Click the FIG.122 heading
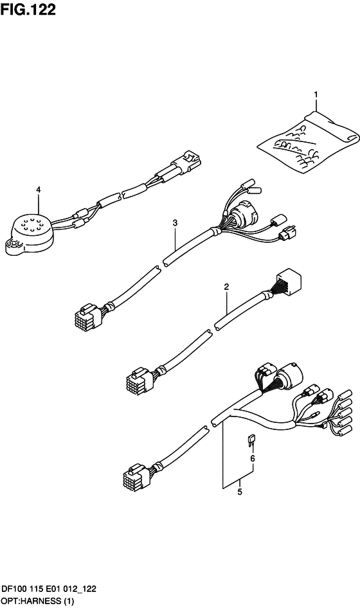click(x=28, y=9)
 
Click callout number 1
click(x=316, y=94)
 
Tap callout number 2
click(x=226, y=287)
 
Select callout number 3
click(x=175, y=222)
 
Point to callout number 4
click(x=38, y=189)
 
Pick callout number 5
click(x=240, y=492)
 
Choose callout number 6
click(x=253, y=459)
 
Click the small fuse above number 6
click(x=250, y=440)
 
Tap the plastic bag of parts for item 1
click(x=308, y=141)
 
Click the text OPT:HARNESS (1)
click(x=38, y=602)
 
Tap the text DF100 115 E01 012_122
click(x=49, y=589)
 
